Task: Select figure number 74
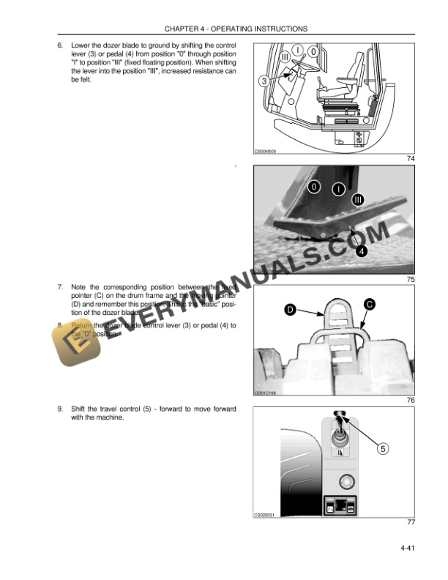tap(411, 159)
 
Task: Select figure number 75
tap(411, 280)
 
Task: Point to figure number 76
tap(411, 401)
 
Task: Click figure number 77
tap(411, 522)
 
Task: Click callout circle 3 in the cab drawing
tap(264, 81)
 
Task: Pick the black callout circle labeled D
tap(291, 311)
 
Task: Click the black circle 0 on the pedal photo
tap(313, 187)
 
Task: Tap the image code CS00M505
tap(265, 152)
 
